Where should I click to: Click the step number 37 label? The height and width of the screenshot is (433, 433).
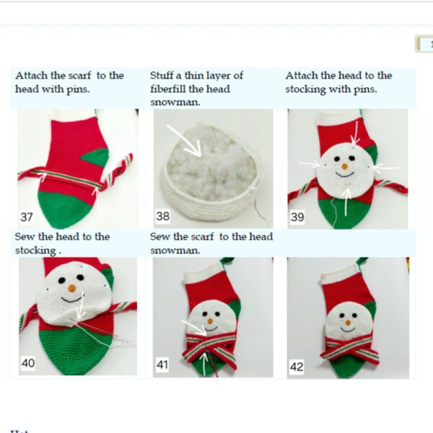[27, 216]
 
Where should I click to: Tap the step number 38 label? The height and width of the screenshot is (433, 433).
[163, 216]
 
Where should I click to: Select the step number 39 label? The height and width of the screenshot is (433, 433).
[297, 216]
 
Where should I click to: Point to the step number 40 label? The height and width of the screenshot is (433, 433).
[27, 363]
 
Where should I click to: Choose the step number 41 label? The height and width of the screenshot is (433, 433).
[162, 366]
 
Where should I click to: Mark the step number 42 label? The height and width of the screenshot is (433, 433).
[297, 367]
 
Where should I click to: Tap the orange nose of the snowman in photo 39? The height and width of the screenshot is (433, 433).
[345, 167]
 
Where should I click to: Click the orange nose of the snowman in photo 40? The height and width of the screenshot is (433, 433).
[71, 289]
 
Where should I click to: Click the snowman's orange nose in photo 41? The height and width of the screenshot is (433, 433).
[209, 320]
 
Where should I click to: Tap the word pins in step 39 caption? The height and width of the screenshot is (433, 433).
[363, 89]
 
